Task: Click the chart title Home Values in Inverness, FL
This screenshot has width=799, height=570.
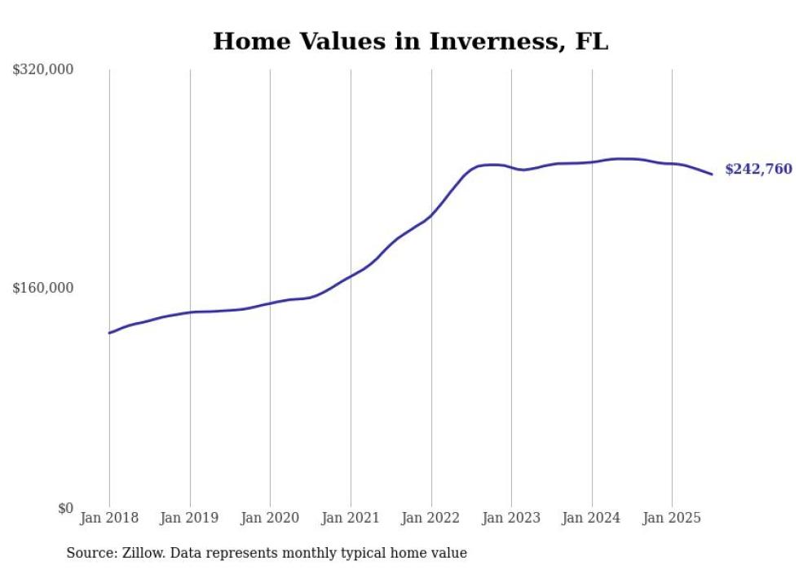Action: [410, 42]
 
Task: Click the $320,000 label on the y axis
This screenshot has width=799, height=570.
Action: [43, 70]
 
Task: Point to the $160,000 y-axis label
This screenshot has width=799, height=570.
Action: [43, 288]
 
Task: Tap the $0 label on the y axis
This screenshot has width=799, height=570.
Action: [65, 508]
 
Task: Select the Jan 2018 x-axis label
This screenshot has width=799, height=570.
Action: [109, 518]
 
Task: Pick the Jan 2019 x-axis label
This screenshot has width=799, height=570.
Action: [190, 518]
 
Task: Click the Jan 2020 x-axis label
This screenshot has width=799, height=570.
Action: [270, 518]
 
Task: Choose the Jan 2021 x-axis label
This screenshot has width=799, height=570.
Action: [351, 518]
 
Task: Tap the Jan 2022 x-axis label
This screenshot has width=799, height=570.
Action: [431, 518]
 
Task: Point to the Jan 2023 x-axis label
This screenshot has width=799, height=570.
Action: [511, 518]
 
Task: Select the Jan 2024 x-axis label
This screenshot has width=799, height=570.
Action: [592, 518]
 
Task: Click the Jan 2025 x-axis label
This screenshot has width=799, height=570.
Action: [672, 518]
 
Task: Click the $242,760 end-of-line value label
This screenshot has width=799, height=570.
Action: [758, 170]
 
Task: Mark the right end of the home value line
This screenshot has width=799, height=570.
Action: [713, 174]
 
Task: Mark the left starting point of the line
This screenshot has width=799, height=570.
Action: [109, 333]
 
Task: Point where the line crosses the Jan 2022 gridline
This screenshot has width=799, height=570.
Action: [431, 215]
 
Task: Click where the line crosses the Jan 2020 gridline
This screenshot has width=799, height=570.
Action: [270, 303]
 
